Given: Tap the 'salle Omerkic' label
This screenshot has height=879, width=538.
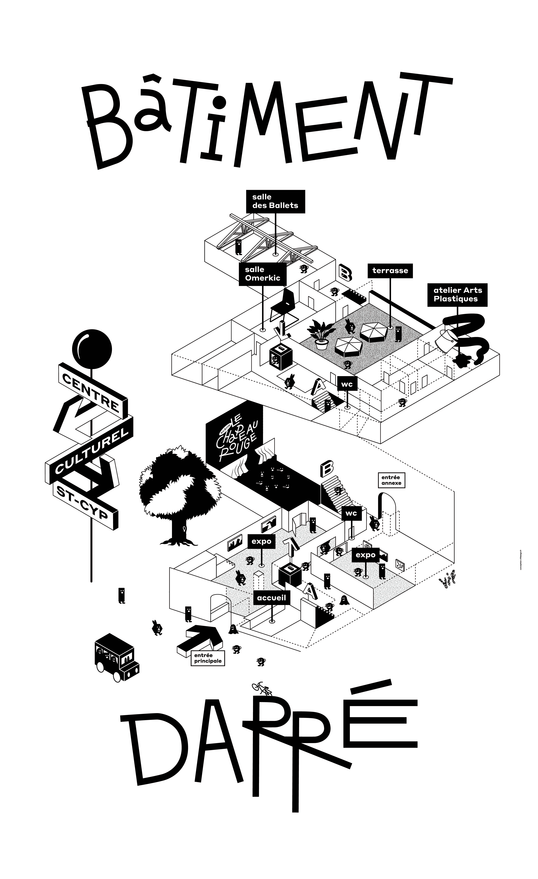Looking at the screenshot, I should (x=263, y=274).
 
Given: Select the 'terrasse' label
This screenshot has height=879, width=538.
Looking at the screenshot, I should (x=390, y=270).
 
